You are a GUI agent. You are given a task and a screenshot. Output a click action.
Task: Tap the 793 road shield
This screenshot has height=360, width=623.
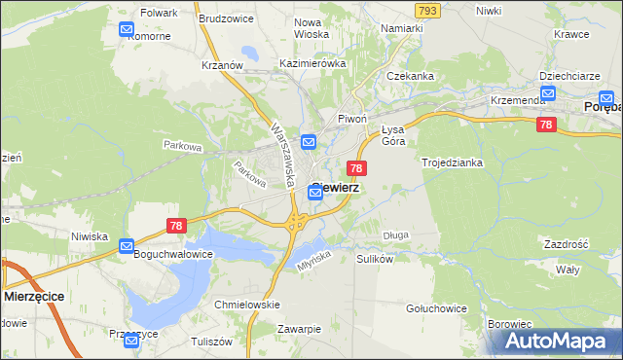point(426,10)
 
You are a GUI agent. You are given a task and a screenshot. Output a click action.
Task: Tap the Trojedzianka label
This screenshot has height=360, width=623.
point(453,162)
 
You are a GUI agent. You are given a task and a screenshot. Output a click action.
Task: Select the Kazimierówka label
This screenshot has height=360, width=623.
point(312,63)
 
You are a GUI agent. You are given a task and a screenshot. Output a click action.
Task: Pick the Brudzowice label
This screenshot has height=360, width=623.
point(227,18)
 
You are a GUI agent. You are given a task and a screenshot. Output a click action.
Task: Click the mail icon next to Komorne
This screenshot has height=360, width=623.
point(128,29)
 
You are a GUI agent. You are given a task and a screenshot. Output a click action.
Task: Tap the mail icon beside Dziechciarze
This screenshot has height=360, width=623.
point(548,93)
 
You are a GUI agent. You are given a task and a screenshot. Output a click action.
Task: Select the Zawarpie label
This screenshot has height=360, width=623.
point(298,329)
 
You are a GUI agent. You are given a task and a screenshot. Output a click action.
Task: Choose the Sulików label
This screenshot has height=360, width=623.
point(375,260)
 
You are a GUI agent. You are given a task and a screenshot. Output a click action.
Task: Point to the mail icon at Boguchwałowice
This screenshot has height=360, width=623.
point(128,247)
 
